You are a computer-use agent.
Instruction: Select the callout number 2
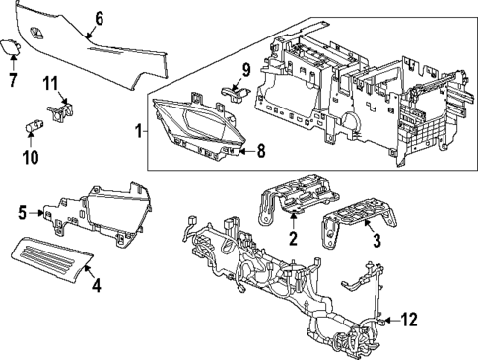(293, 238)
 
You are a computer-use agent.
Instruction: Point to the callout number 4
(96, 288)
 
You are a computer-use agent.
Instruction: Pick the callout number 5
(22, 211)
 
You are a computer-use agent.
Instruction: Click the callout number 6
(99, 18)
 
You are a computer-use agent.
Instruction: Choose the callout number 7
(13, 77)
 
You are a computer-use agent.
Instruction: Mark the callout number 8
(261, 151)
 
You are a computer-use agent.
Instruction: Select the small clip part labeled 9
(234, 93)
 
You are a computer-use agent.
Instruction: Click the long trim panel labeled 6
(108, 44)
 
